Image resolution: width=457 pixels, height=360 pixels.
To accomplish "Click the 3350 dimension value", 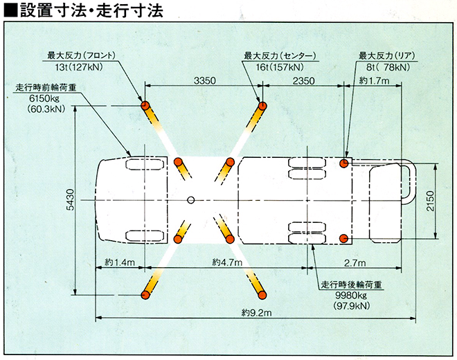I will click(x=206, y=81).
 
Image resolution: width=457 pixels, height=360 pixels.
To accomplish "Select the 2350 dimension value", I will click(x=303, y=81).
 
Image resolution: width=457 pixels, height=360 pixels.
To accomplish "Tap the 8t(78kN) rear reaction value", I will click(x=385, y=67).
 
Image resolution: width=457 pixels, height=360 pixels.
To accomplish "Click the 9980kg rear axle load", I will click(x=353, y=295).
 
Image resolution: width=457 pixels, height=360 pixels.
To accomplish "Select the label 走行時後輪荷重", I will click(x=352, y=284).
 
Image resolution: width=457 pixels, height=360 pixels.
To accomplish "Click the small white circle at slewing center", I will click(x=190, y=201).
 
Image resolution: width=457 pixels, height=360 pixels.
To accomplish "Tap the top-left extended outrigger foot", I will click(x=146, y=106).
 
